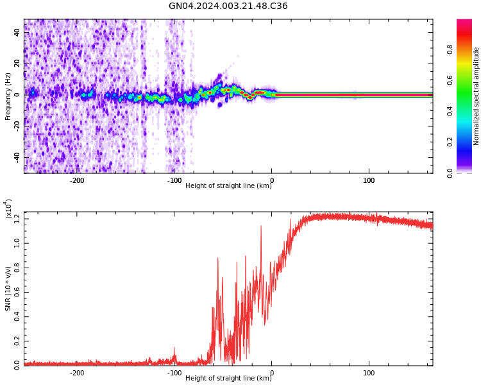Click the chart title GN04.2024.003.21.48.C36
228,6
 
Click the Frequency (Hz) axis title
8,96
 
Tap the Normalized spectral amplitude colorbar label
477,96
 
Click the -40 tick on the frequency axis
17,157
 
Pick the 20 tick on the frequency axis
17,64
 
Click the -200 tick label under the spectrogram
77,180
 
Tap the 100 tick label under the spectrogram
369,180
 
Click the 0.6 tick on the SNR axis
17,292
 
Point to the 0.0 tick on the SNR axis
17,364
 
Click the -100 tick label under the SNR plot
174,373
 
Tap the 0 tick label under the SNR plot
271,373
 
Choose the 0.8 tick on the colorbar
450,48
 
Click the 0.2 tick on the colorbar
450,142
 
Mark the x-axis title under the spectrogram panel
228,186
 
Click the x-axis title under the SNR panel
228,379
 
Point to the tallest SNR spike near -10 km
261,227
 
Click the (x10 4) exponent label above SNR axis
9,209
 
